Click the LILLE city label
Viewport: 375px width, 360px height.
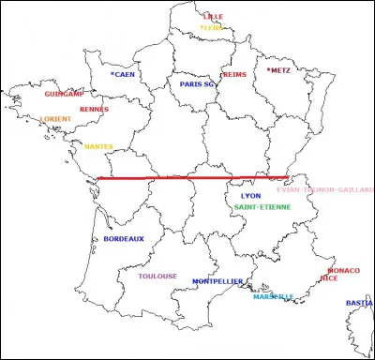pos(215,17)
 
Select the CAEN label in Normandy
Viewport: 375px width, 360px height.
pos(124,74)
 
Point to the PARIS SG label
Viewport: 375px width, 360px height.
pos(198,84)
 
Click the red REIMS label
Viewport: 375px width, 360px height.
pos(233,75)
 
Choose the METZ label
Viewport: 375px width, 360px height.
pos(279,70)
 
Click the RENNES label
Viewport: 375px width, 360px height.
pos(94,109)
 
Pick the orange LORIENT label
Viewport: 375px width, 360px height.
pos(55,119)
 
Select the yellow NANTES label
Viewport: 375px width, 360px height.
pos(98,146)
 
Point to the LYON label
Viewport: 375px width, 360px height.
pos(251,196)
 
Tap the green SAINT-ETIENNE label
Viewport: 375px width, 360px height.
pos(262,207)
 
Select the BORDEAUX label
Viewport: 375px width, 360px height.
pos(124,239)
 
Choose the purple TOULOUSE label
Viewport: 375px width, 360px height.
pos(157,277)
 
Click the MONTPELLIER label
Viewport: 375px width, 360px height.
pos(217,281)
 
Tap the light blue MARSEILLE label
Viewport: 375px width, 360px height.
pos(273,297)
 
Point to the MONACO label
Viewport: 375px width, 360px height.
pos(344,270)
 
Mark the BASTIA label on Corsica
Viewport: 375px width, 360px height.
pos(359,303)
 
